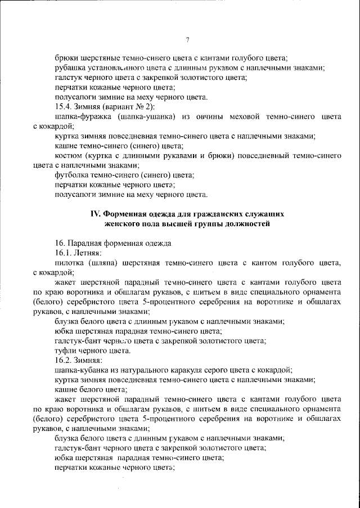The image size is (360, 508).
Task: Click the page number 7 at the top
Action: click(x=187, y=39)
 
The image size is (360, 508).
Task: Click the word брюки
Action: click(x=67, y=57)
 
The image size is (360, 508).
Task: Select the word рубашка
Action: click(x=71, y=68)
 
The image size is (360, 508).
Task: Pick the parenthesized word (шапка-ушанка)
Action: click(x=150, y=116)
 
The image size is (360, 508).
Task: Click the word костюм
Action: click(x=68, y=156)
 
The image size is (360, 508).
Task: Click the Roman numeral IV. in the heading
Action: click(x=97, y=214)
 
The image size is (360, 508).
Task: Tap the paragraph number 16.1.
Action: click(x=63, y=253)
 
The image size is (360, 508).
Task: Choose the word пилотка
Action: click(x=70, y=263)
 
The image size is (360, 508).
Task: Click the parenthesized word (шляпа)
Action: click(x=115, y=263)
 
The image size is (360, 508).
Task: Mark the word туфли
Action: click(x=66, y=350)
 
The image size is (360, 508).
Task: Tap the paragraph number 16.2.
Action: click(x=63, y=360)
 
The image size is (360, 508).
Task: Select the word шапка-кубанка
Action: click(x=84, y=370)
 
